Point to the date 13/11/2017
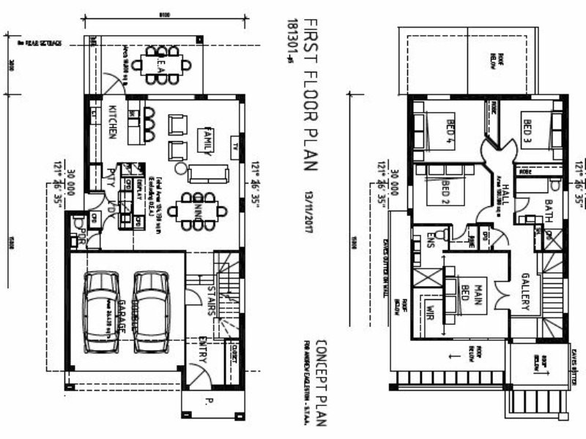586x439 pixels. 309,211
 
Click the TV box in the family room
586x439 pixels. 235,145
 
